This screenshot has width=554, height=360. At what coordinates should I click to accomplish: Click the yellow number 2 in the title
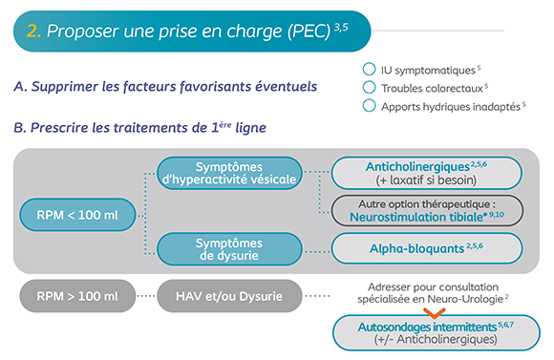(32, 32)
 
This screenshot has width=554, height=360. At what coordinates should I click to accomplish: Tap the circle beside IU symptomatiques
(370, 70)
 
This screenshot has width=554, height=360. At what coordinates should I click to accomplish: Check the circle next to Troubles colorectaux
(370, 87)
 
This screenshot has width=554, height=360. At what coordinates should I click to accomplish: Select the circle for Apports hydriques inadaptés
(370, 106)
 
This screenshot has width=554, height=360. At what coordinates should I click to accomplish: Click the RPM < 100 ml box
(77, 215)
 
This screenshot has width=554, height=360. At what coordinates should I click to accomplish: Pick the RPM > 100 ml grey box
(77, 296)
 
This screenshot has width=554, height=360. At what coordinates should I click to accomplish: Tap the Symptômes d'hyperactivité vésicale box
(229, 173)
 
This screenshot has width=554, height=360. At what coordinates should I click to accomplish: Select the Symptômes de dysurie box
(229, 249)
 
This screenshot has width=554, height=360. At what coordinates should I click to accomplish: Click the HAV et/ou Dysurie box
(229, 296)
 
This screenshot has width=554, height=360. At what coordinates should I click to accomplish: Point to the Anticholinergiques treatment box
(426, 173)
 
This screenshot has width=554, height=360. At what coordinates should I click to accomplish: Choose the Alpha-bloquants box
(426, 248)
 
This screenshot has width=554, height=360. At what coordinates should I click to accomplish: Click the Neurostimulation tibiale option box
(427, 211)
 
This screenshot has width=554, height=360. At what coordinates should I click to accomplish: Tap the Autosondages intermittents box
(437, 333)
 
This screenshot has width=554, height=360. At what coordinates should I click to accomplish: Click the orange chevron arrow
(435, 312)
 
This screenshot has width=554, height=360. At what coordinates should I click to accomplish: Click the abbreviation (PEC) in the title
(309, 32)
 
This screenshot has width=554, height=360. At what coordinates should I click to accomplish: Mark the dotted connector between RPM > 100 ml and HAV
(146, 296)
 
